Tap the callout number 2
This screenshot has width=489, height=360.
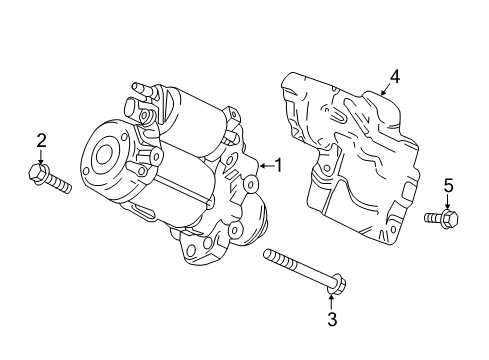click(41, 140)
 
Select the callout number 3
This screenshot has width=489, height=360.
click(333, 320)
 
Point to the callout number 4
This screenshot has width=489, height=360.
click(394, 75)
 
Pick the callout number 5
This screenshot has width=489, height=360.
click(449, 185)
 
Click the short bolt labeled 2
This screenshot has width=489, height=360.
click(52, 181)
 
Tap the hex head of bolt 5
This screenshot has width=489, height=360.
click(449, 216)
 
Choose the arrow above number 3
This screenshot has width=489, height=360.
click(333, 300)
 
